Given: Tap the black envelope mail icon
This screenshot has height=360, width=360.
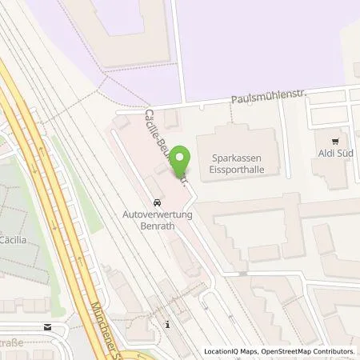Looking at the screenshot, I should pos(48,326).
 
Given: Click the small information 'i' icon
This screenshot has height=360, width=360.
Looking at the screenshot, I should pos(167,324).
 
